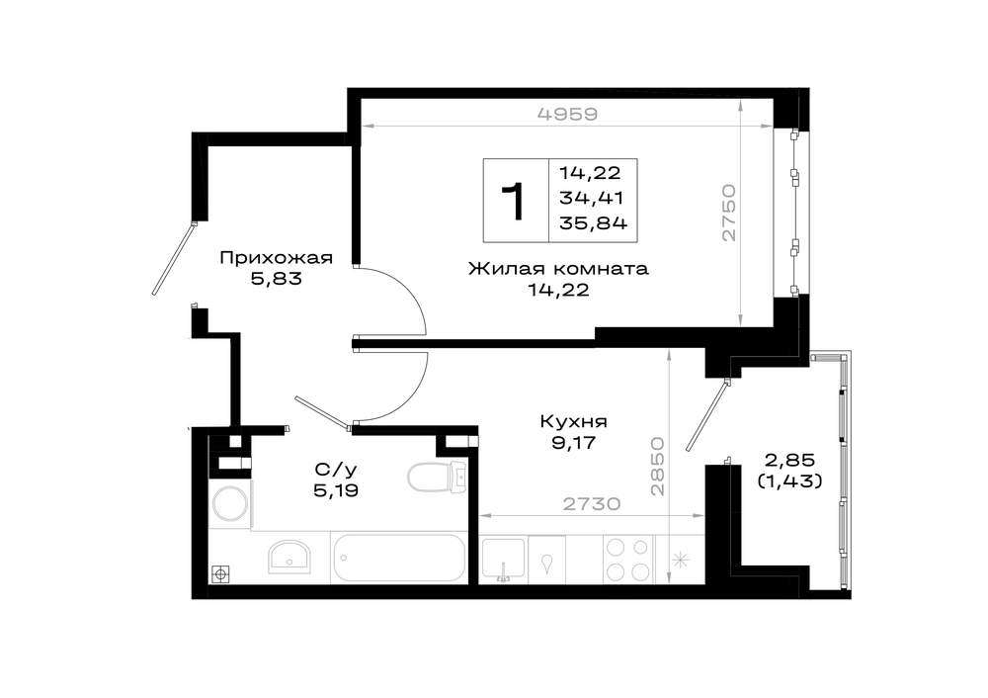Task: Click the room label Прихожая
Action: [x=276, y=258]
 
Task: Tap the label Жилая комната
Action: [x=558, y=269]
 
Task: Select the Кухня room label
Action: [x=573, y=421]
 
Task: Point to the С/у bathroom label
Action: [x=336, y=469]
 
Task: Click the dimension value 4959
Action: [x=567, y=114]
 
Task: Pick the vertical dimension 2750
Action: [x=728, y=213]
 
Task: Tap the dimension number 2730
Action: [x=592, y=504]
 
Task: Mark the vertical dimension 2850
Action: [x=658, y=466]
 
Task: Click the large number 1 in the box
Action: [x=516, y=201]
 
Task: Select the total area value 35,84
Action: [x=593, y=223]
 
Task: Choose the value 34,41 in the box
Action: [x=591, y=198]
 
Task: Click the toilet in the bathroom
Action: [x=438, y=478]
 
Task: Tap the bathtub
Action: [x=399, y=558]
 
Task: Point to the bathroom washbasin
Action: [x=289, y=557]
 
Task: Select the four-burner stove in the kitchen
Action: [x=628, y=560]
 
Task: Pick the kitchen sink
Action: [x=504, y=560]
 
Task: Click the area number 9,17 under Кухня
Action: [x=573, y=443]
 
